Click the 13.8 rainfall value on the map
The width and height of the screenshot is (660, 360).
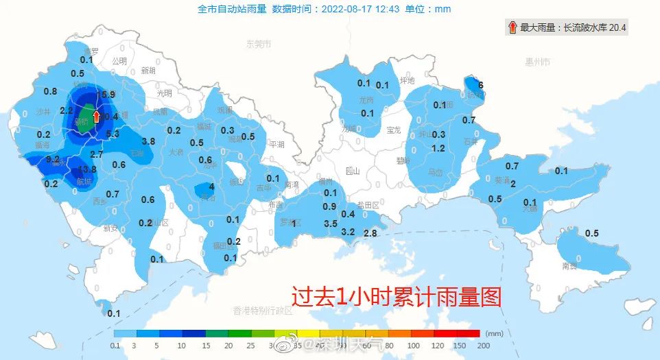click(87, 169)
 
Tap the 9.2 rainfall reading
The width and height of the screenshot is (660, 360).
click(53, 159)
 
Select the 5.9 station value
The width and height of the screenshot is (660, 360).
click(107, 95)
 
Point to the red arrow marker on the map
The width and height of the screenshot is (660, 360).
click(97, 117)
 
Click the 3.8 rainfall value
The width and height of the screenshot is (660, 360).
click(148, 141)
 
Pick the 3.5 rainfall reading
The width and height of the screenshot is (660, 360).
click(331, 224)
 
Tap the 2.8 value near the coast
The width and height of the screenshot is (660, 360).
click(370, 234)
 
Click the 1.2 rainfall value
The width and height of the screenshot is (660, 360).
click(438, 148)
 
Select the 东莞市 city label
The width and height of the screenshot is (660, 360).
click(259, 44)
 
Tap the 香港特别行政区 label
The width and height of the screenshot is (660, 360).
click(263, 311)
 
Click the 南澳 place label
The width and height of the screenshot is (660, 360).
click(569, 265)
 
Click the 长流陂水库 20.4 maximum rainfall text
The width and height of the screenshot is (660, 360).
click(594, 28)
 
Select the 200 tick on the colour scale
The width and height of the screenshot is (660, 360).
click(482, 346)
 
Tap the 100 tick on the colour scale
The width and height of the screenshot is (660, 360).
click(413, 346)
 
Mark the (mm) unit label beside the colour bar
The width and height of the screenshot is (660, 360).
click(494, 333)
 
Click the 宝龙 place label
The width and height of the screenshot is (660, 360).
click(394, 130)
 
